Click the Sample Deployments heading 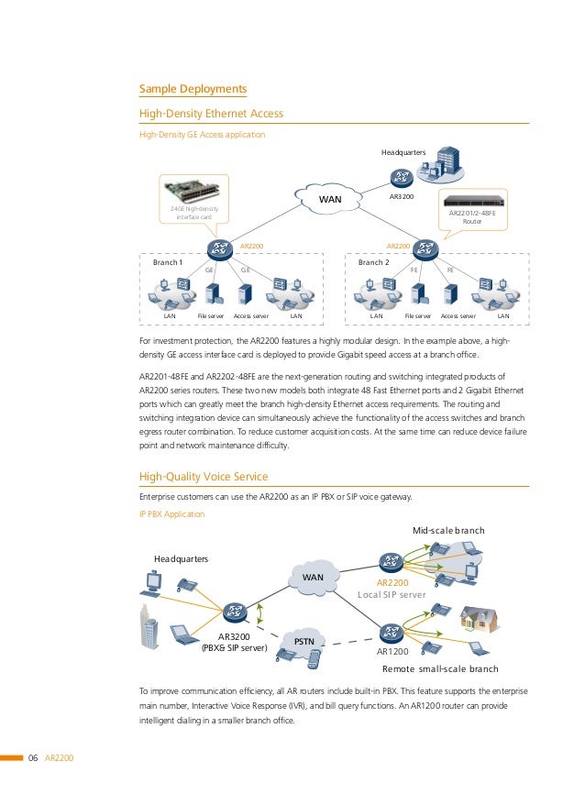[x=193, y=89]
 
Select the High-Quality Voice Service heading [x=203, y=477]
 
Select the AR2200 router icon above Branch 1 [x=218, y=248]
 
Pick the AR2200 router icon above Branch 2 [x=425, y=248]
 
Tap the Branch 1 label [x=168, y=262]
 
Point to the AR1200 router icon [x=392, y=632]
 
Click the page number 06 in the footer [x=33, y=757]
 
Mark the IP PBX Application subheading [x=171, y=514]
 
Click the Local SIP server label [x=392, y=595]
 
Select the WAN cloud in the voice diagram [x=314, y=577]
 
